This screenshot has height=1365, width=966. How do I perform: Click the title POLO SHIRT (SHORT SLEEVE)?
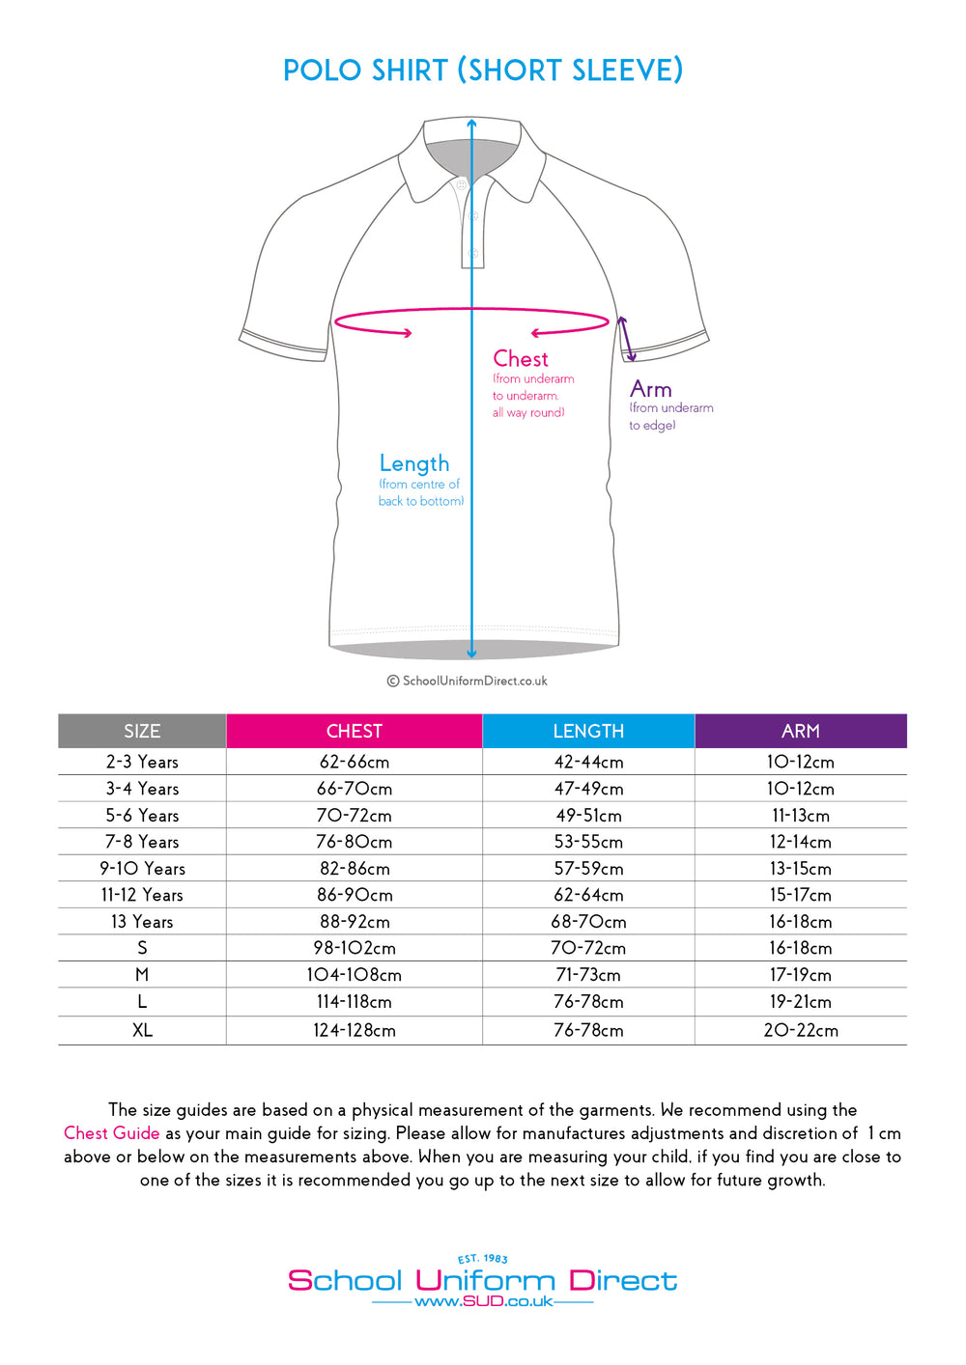point(483,70)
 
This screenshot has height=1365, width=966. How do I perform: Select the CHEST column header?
point(354,731)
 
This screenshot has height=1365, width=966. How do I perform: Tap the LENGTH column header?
point(588,731)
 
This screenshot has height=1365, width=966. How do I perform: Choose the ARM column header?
point(800,731)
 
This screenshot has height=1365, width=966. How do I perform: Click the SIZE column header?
point(142,731)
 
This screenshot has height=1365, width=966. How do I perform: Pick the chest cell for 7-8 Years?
point(354,842)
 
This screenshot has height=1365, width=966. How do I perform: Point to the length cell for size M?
point(588,975)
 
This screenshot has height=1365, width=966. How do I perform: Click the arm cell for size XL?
point(800,1030)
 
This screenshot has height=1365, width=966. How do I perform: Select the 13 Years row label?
point(142,922)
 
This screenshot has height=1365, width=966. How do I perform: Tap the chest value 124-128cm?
point(354,1030)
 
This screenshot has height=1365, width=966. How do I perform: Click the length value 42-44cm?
point(588,762)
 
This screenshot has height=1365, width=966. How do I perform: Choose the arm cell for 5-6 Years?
point(800,816)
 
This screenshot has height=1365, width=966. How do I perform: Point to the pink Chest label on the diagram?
point(521,359)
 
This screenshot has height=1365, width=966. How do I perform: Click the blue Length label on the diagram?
point(413,463)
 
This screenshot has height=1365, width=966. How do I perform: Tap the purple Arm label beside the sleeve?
point(650,389)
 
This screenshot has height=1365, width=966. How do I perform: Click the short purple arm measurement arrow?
point(626,339)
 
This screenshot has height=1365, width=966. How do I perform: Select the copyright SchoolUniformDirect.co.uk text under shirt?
point(468,681)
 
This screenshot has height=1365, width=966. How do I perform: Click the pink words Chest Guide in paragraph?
point(111,1133)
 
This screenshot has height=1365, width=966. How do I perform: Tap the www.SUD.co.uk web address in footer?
point(483,1301)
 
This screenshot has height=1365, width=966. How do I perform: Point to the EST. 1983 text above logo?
point(483,1259)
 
